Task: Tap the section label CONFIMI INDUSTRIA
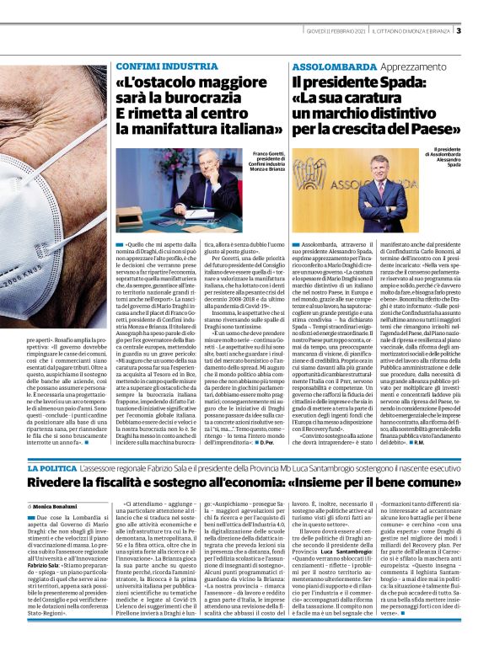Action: pos(166,65)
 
